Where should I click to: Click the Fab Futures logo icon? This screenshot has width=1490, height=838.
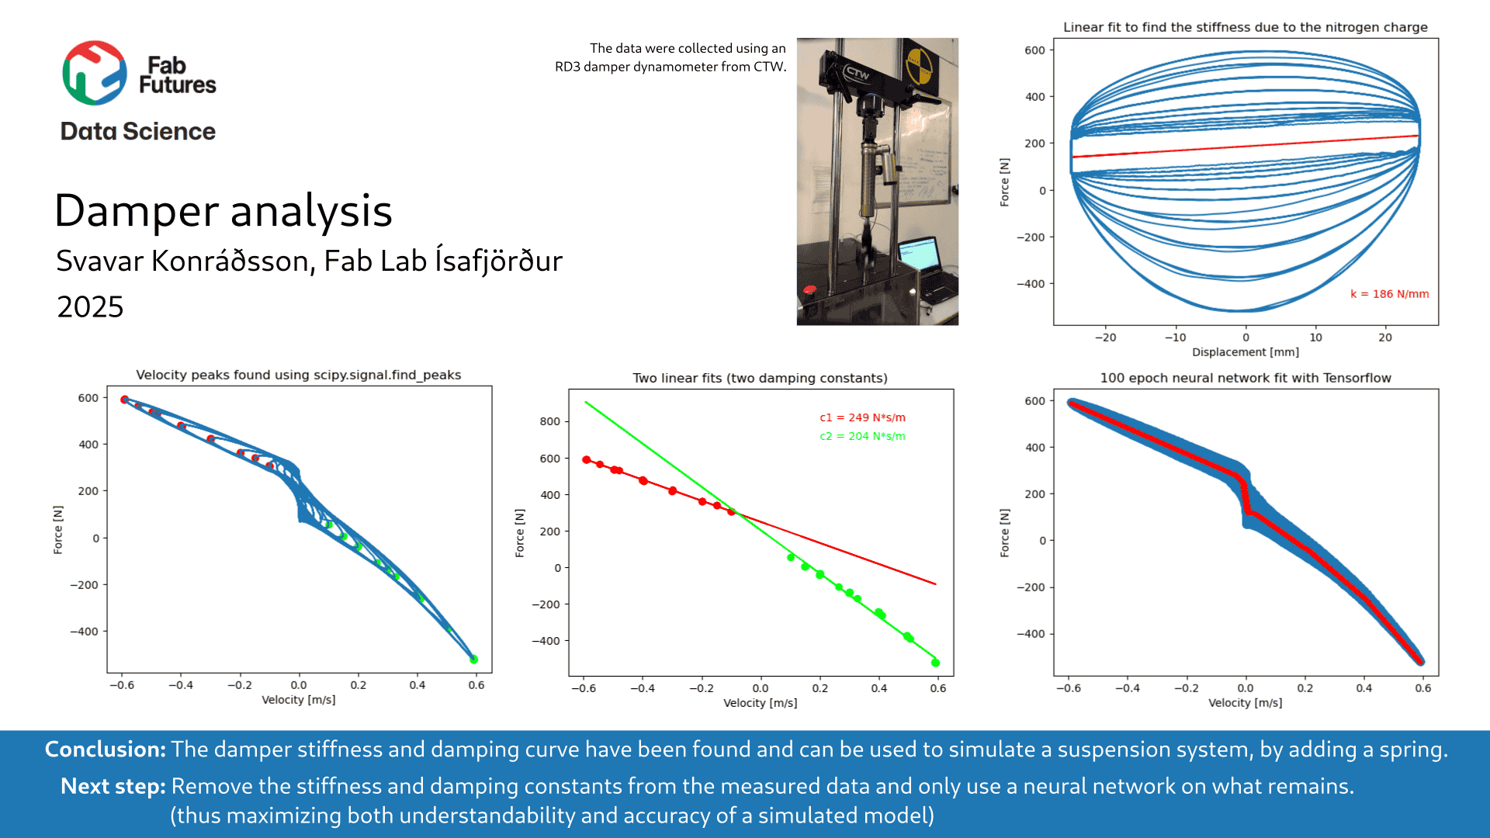95,73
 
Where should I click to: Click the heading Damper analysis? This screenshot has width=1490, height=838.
223,211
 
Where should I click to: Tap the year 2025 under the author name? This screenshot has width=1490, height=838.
90,307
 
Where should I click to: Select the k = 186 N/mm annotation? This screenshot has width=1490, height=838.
1389,294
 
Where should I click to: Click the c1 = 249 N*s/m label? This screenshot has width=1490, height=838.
862,417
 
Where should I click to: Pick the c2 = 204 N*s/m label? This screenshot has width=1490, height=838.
862,436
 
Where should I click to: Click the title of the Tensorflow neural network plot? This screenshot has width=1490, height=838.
1245,378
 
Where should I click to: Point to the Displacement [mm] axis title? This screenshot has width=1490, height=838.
1245,352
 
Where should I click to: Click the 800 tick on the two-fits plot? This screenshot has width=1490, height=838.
549,421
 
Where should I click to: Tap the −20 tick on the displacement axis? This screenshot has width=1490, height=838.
1105,338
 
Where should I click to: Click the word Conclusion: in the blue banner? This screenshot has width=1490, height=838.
106,750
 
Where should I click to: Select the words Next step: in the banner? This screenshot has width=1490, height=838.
113,787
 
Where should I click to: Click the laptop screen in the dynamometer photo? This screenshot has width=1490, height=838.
918,254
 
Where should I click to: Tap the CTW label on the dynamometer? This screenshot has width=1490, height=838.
857,74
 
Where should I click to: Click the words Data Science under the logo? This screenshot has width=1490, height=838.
138,132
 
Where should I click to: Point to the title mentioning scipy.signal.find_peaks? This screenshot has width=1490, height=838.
298,375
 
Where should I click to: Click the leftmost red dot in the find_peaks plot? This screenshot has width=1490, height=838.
124,400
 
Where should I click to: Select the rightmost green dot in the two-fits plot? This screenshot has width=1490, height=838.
935,663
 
